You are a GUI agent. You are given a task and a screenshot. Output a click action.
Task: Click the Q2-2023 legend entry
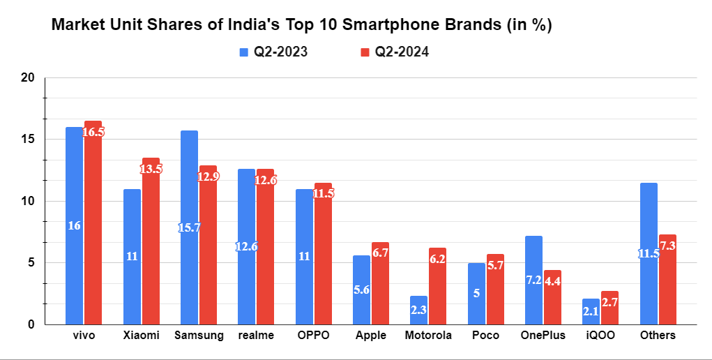coord(273,52)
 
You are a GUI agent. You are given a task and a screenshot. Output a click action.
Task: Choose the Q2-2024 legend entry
coord(393,52)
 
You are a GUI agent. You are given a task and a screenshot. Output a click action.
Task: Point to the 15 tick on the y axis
coord(28,140)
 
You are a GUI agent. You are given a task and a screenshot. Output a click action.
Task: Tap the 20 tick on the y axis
coord(28,77)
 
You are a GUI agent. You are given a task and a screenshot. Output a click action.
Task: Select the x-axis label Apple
coord(371,336)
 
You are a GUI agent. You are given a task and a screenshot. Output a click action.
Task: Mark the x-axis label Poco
coord(485,336)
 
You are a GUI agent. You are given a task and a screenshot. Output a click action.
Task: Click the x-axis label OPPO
coord(314,336)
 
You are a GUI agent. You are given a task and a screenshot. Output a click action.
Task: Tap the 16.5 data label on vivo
coord(93,132)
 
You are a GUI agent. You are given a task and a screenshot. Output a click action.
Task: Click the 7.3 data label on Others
coord(667,246)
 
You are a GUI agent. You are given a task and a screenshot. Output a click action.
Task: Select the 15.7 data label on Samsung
coord(189,228)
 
